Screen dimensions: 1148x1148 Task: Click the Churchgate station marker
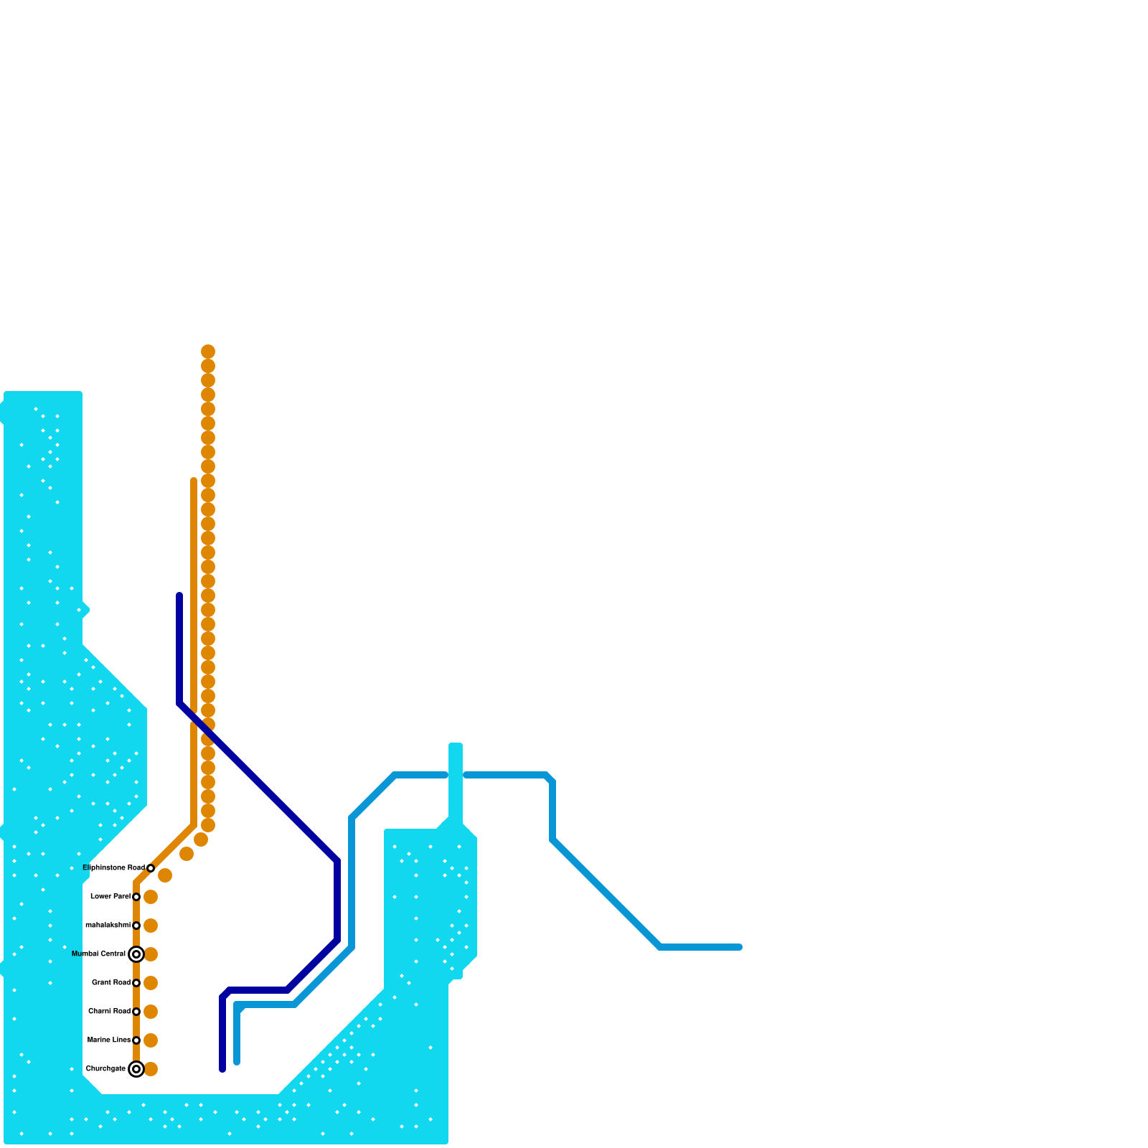[x=136, y=1069]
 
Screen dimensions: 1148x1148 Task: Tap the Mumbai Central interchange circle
[x=136, y=954]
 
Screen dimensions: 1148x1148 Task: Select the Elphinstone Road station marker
[x=151, y=868]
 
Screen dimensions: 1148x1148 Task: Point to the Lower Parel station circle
[x=136, y=897]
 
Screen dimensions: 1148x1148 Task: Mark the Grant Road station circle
[x=136, y=983]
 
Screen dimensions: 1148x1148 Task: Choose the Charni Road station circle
[x=136, y=1012]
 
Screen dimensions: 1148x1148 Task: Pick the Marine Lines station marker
[x=136, y=1040]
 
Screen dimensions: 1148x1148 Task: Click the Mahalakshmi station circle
[x=136, y=926]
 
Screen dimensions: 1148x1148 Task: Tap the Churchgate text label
[x=105, y=1069]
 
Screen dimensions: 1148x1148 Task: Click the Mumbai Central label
[x=99, y=954]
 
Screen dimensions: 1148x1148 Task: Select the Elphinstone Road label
[x=113, y=868]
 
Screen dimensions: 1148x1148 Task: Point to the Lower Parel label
[x=110, y=897]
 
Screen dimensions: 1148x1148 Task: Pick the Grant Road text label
[x=111, y=983]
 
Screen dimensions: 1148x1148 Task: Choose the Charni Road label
[x=109, y=1012]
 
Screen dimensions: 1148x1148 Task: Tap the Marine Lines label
[x=109, y=1040]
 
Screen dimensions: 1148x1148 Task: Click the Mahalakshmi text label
[x=108, y=926]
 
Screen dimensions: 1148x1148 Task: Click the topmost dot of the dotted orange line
[x=208, y=352]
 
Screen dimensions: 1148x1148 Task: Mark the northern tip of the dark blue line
[x=179, y=596]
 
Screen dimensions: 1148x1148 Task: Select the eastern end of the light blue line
[x=739, y=947]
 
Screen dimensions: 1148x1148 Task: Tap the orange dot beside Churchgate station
[x=151, y=1069]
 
